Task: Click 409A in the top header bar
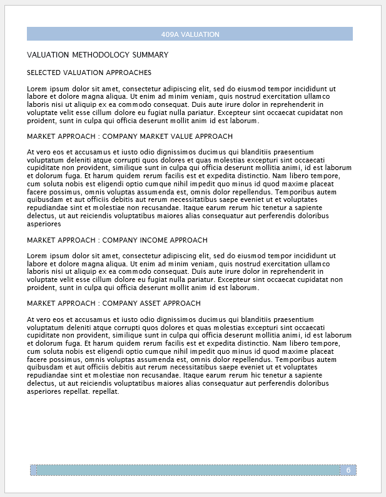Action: point(170,34)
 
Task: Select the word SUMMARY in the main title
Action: point(150,55)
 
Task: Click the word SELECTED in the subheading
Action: point(43,73)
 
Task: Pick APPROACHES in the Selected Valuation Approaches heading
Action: point(129,73)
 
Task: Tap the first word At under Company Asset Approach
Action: point(31,319)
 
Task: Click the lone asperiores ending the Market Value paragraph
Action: point(44,223)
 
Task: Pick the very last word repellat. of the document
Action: point(105,391)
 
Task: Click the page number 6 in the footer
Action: point(348,470)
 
